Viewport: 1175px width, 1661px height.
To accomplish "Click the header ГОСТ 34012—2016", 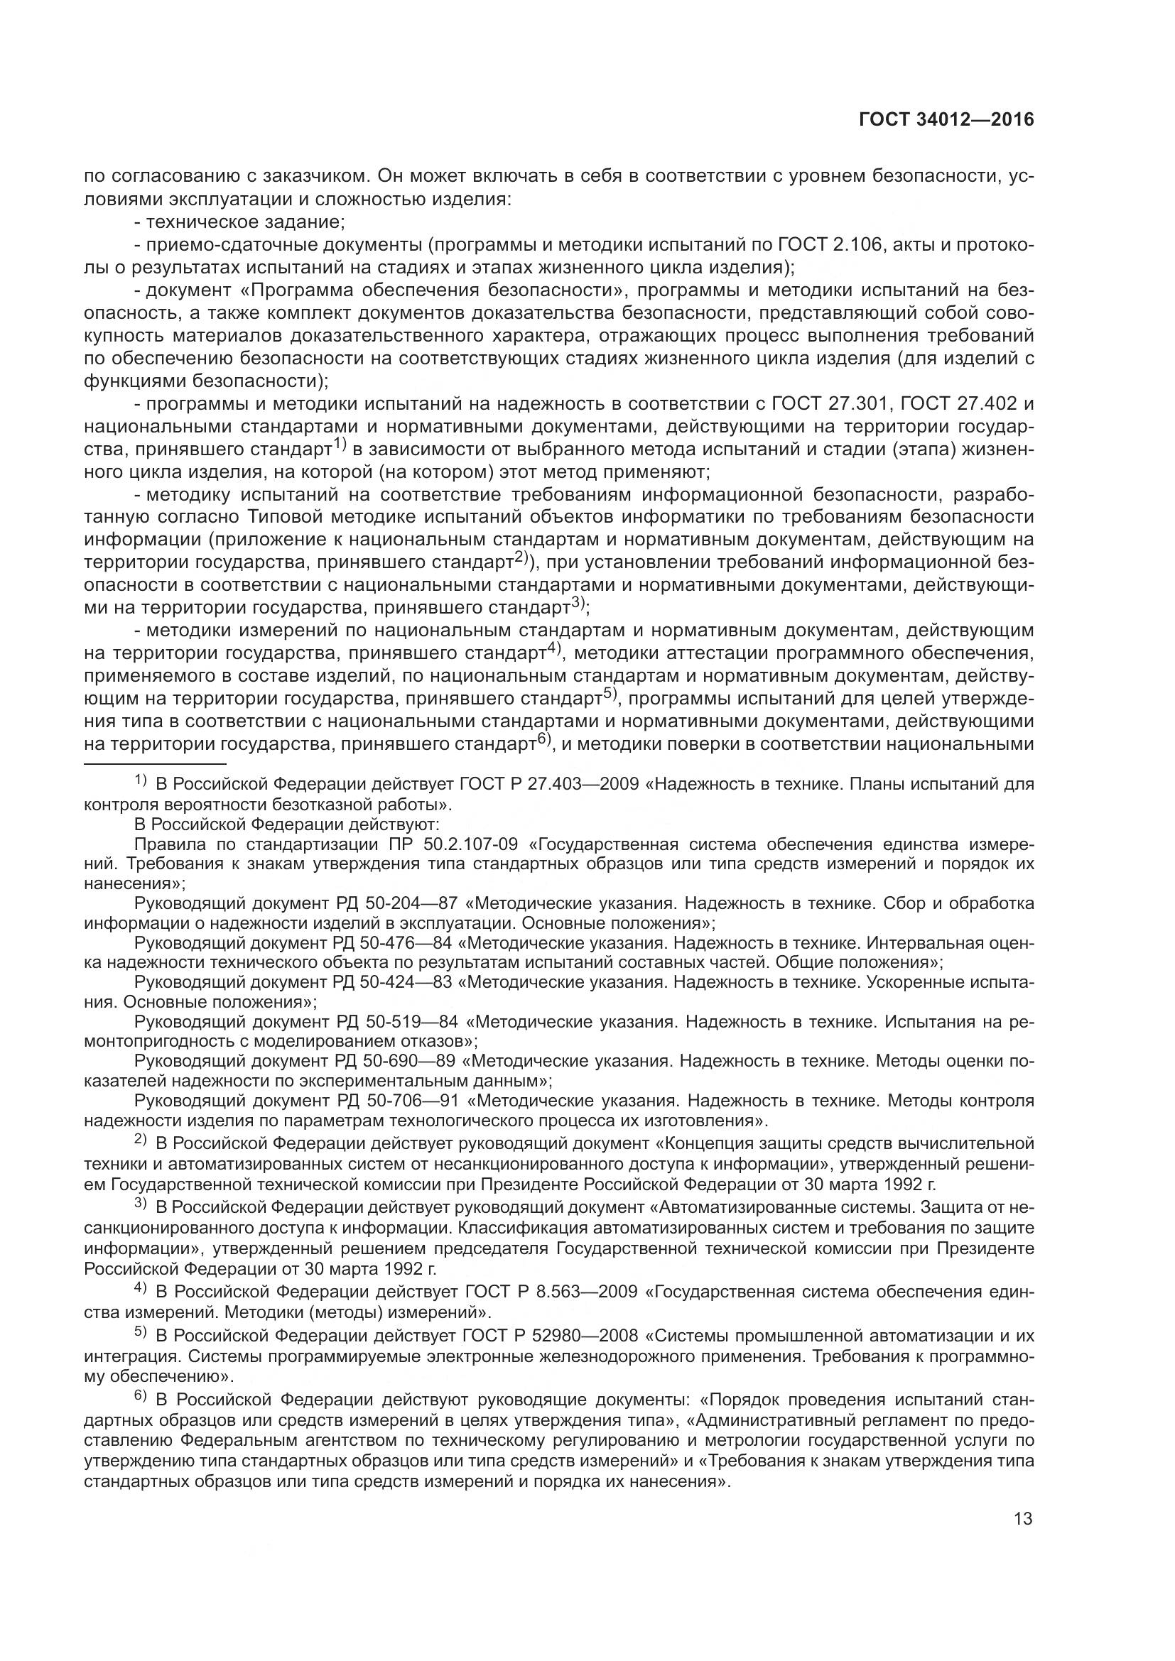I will click(x=946, y=120).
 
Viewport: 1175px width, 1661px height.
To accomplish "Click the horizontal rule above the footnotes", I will click(x=155, y=763).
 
